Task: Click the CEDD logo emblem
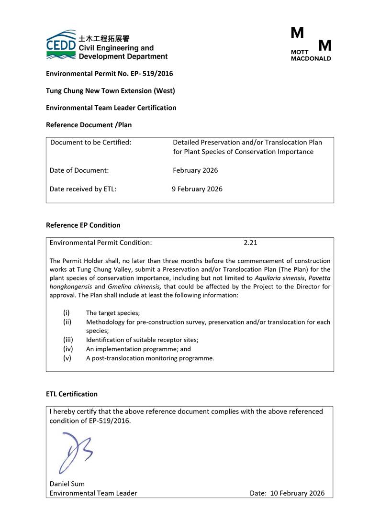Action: pyautogui.click(x=61, y=45)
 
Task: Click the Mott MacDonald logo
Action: pyautogui.click(x=311, y=44)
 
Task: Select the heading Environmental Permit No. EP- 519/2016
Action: pyautogui.click(x=109, y=74)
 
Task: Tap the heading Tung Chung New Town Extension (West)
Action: pyautogui.click(x=110, y=90)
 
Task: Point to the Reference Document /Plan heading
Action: pyautogui.click(x=89, y=125)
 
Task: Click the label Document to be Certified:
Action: pyautogui.click(x=90, y=142)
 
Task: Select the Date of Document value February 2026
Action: pyautogui.click(x=195, y=170)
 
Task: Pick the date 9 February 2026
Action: pyautogui.click(x=197, y=188)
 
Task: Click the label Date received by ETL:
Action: pyautogui.click(x=83, y=188)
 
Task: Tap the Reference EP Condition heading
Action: pyautogui.click(x=83, y=225)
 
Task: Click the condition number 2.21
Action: pyautogui.click(x=250, y=243)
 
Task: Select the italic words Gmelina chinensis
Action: pyautogui.click(x=134, y=287)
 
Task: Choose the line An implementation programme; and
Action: pyautogui.click(x=138, y=349)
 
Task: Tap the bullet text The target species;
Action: pyautogui.click(x=113, y=313)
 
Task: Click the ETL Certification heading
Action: pyautogui.click(x=71, y=394)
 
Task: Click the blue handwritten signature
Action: pyautogui.click(x=75, y=451)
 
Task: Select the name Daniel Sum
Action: pyautogui.click(x=67, y=484)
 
